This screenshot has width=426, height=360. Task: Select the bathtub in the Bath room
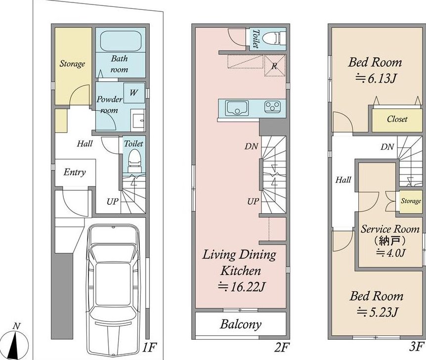pyautogui.click(x=121, y=41)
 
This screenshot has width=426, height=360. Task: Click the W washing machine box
pyautogui.click(x=134, y=92)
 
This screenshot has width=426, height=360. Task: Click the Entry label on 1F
pyautogui.click(x=75, y=172)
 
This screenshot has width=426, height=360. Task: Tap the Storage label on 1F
pyautogui.click(x=72, y=64)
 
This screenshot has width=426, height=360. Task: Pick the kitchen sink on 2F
pyautogui.click(x=237, y=108)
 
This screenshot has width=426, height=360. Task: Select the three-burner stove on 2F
pyautogui.click(x=272, y=106)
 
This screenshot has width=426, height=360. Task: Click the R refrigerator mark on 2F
pyautogui.click(x=274, y=66)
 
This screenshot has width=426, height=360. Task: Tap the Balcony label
pyautogui.click(x=241, y=324)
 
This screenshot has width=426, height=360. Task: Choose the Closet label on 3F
pyautogui.click(x=397, y=119)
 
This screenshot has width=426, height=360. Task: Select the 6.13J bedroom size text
pyautogui.click(x=376, y=79)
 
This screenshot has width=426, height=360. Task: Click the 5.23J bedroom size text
pyautogui.click(x=378, y=312)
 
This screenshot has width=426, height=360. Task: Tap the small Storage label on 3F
pyautogui.click(x=411, y=201)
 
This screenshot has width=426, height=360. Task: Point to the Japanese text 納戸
pyautogui.click(x=389, y=240)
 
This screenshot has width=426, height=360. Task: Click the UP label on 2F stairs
pyautogui.click(x=253, y=201)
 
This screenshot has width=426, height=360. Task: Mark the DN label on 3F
pyautogui.click(x=387, y=147)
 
